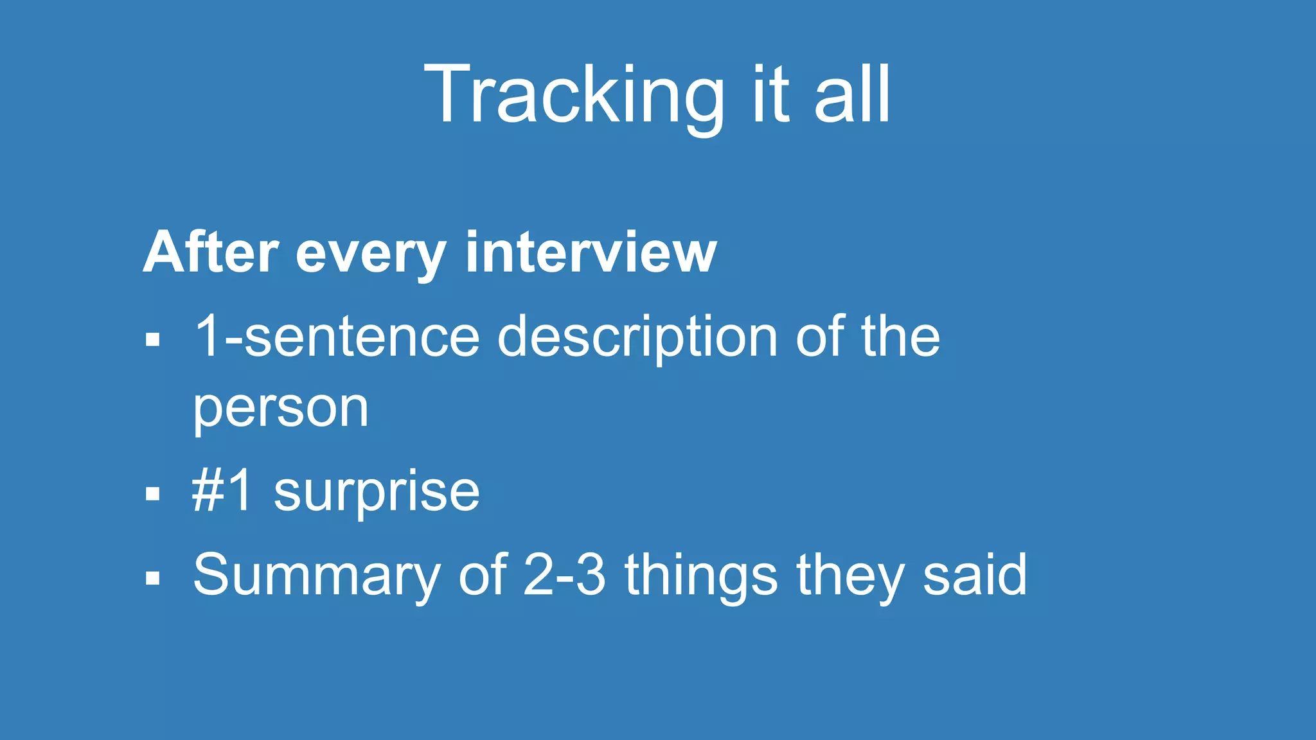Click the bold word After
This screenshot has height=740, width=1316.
coord(211,252)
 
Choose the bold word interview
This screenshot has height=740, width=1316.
coord(591,252)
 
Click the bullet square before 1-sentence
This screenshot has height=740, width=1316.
coord(152,339)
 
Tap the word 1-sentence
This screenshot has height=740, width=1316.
coord(337,337)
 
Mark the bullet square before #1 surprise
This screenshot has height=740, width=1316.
coord(152,494)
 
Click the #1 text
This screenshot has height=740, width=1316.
coord(222,491)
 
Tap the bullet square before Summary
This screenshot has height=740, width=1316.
coord(152,577)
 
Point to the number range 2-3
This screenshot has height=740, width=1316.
coord(564,574)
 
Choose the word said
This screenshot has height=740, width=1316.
coord(975,574)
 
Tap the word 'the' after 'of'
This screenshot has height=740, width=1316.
coord(900,337)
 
